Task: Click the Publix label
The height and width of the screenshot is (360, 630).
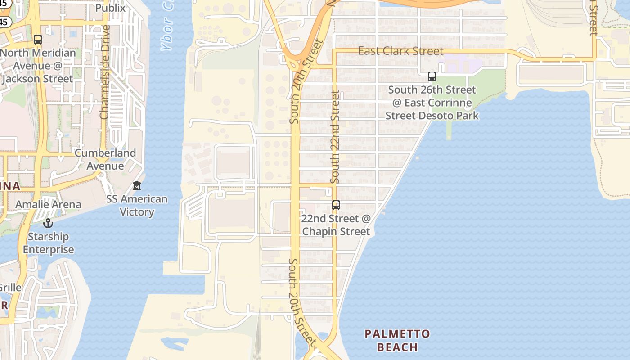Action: tap(110, 8)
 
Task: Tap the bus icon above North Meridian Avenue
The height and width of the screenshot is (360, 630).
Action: tap(38, 40)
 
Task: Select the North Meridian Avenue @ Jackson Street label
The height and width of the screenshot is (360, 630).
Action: tap(37, 66)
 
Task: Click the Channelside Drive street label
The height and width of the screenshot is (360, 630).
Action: tap(105, 72)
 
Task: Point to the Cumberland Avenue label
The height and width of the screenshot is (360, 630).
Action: tap(105, 159)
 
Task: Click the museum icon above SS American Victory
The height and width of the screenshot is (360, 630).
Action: tap(137, 185)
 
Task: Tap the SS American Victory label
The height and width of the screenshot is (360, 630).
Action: tap(137, 205)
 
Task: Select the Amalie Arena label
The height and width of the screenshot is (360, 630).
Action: tap(48, 204)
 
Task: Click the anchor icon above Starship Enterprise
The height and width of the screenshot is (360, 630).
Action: tap(48, 223)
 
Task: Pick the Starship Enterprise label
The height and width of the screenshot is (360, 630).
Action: tap(49, 243)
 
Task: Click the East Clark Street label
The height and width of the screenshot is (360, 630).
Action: tap(400, 51)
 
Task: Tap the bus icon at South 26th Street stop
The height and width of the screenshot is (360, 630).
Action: tap(432, 76)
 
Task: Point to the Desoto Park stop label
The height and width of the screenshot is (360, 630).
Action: tap(432, 103)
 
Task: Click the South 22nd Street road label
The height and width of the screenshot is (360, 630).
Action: tap(335, 136)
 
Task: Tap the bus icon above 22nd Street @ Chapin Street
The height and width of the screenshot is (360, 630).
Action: tap(336, 205)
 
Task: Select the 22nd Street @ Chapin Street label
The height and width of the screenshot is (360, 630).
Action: tap(336, 225)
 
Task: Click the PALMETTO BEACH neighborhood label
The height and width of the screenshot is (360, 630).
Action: tap(397, 340)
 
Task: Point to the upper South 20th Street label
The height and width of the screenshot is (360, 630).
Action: tap(306, 81)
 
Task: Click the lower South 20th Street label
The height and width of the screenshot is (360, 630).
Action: tap(300, 301)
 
